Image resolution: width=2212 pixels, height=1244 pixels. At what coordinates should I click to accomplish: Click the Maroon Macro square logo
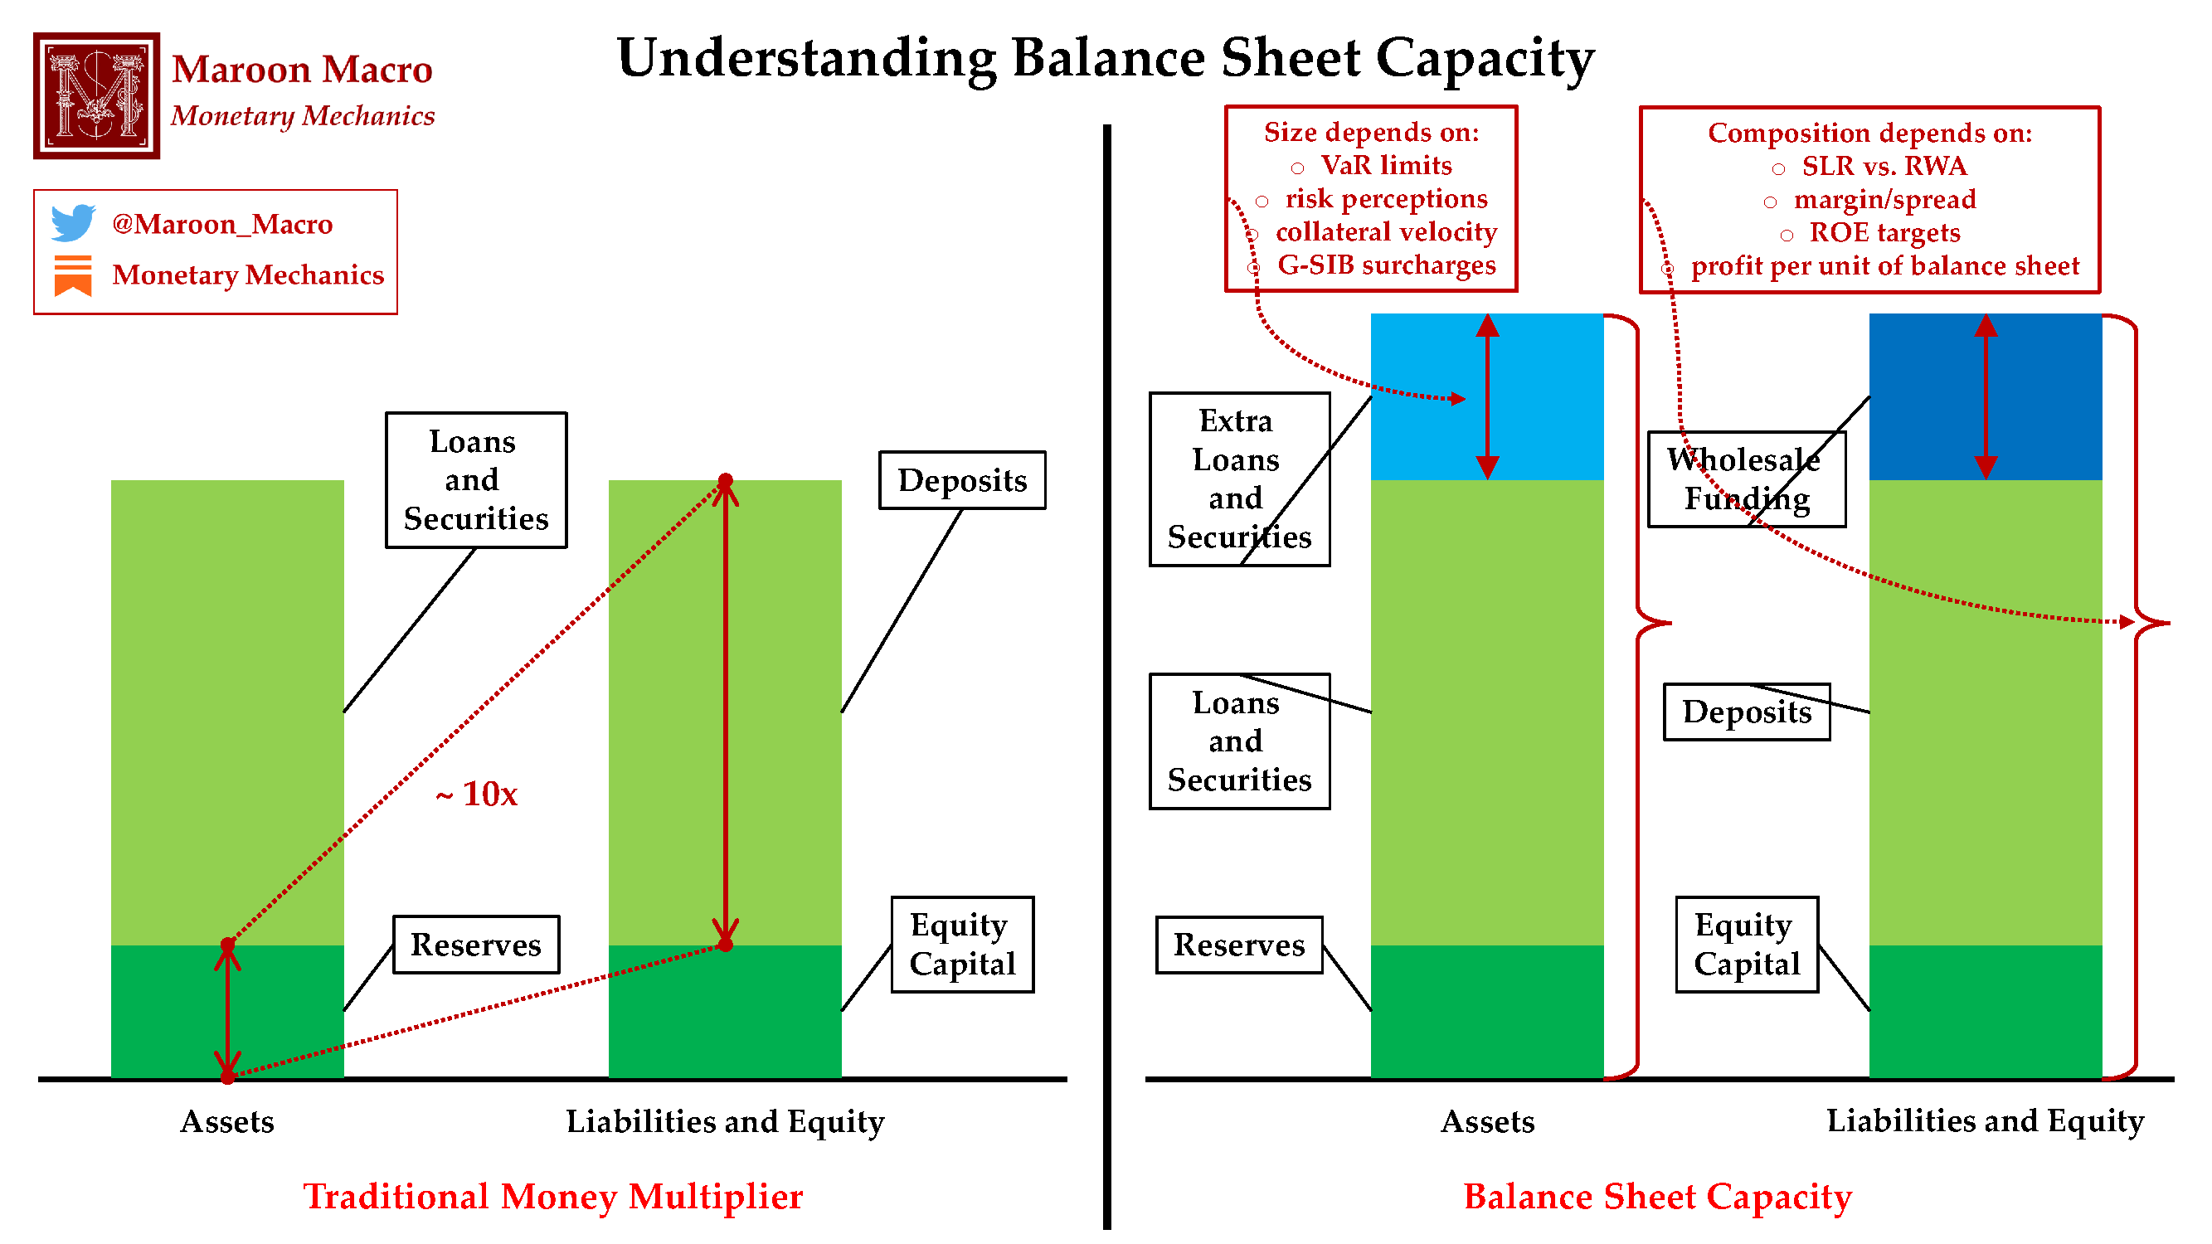[96, 95]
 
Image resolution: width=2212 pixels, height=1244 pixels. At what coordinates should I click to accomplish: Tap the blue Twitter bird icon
[73, 222]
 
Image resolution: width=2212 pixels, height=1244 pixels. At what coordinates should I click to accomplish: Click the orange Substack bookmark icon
[73, 275]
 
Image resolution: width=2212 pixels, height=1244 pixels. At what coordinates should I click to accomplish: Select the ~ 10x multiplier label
[477, 795]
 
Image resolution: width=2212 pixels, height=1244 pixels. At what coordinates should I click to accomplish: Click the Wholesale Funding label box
[1746, 479]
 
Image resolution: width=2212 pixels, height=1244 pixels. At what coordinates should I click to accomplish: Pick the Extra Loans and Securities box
[1239, 479]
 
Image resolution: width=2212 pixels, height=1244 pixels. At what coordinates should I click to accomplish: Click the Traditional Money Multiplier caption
[553, 1196]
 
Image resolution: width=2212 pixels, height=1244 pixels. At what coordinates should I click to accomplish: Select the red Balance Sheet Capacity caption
[1657, 1196]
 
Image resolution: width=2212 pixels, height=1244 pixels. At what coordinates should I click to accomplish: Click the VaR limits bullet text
[1386, 165]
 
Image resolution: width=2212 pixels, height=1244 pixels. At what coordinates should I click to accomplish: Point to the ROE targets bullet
[1884, 233]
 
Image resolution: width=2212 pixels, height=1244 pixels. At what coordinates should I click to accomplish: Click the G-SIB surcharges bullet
[1386, 265]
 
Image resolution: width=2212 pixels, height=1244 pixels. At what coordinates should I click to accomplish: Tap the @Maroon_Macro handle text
[221, 224]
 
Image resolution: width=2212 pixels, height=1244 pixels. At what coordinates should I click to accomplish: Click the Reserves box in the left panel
[476, 945]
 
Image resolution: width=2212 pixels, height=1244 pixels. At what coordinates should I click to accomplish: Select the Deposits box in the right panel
[1746, 712]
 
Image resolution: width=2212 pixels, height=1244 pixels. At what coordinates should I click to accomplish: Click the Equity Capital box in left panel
[962, 945]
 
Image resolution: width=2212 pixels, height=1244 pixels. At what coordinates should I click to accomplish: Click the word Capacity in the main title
[1485, 58]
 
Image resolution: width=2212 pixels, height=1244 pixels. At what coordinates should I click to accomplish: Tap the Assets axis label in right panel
[1487, 1121]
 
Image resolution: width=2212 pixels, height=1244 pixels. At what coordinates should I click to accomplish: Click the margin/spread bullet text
[1884, 199]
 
